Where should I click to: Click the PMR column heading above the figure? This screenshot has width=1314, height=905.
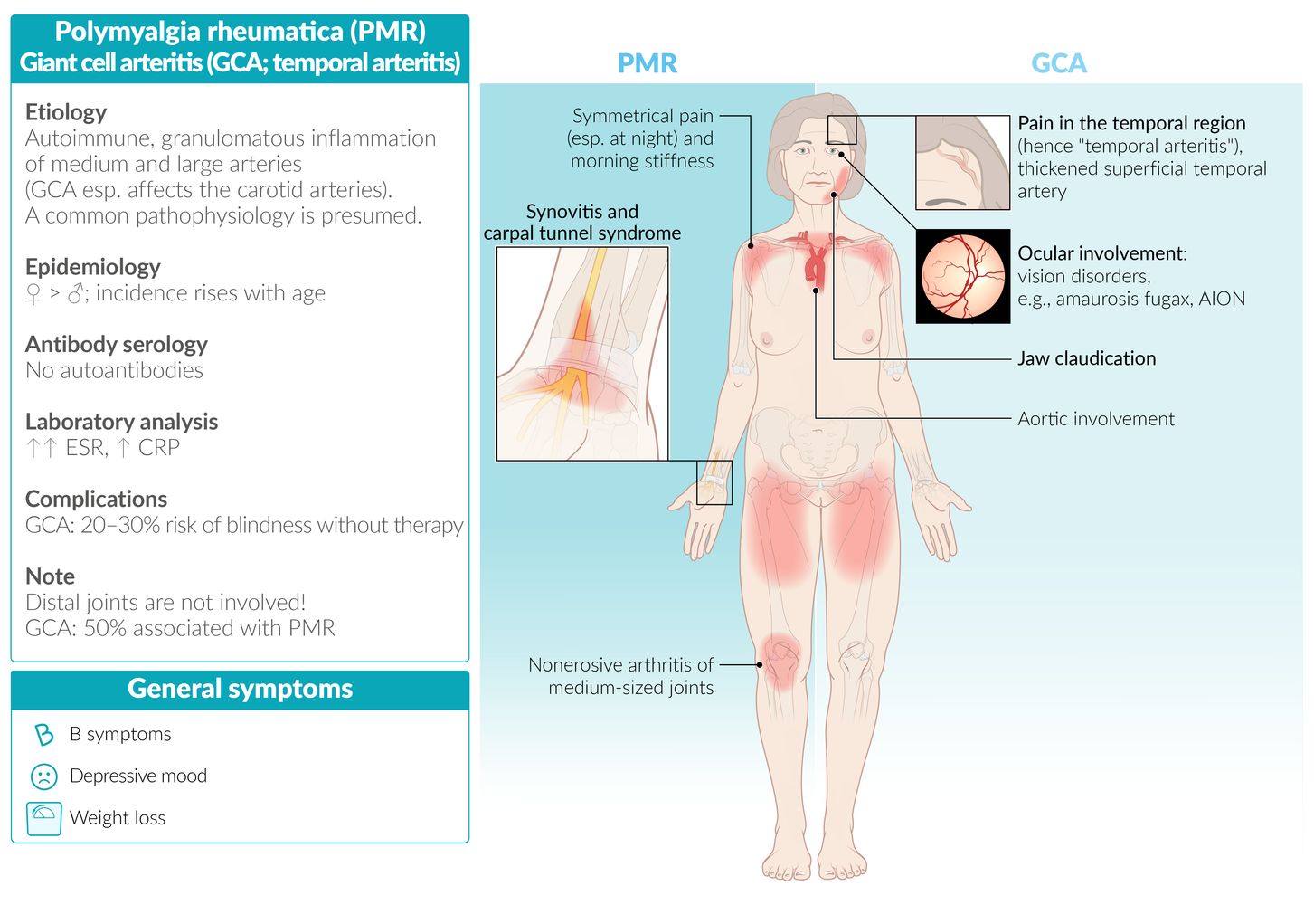[x=647, y=63]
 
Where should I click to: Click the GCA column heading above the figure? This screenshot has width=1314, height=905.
[x=1058, y=63]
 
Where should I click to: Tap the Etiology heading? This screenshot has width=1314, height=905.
[x=66, y=112]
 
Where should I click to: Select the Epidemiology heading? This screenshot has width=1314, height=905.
[x=93, y=267]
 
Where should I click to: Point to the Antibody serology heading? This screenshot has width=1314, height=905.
[x=117, y=345]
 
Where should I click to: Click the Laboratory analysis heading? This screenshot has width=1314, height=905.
[x=122, y=422]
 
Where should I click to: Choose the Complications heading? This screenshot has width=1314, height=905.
[x=97, y=500]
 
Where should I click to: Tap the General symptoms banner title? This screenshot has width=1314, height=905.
[x=240, y=690]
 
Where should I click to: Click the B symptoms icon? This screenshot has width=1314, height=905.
[x=43, y=735]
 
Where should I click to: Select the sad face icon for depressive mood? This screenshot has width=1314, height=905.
[x=43, y=776]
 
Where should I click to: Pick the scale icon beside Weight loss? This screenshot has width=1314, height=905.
[x=43, y=818]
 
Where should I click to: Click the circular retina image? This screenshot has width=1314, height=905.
[x=963, y=276]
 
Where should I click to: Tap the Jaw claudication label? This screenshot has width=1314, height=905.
[x=1086, y=358]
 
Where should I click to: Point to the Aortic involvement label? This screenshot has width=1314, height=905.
[x=1095, y=419]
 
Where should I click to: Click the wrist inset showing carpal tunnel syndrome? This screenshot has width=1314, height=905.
[x=582, y=354]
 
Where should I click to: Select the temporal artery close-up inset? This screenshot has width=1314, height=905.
[x=962, y=163]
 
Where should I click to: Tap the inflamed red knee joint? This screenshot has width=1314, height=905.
[x=779, y=660]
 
